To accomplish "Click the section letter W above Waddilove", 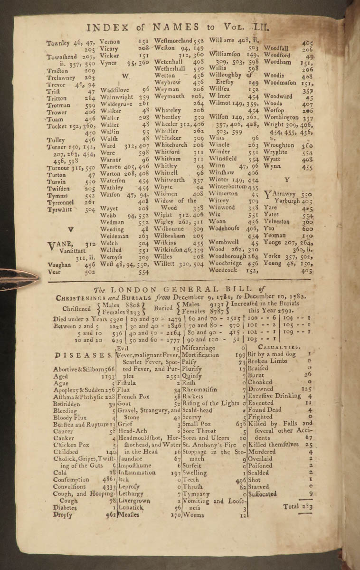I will [125, 76].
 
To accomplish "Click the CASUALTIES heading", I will [284, 347].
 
